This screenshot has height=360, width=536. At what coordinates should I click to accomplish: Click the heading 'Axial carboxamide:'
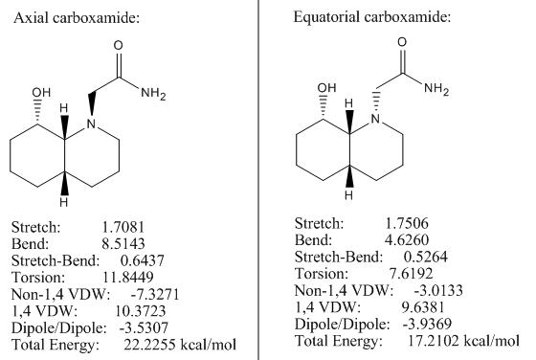click(x=77, y=18)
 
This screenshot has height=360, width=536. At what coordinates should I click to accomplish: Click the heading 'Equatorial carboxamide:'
click(x=372, y=16)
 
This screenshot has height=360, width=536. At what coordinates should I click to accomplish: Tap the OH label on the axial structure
click(x=41, y=92)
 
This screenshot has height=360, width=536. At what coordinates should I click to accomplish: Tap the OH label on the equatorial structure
click(x=326, y=88)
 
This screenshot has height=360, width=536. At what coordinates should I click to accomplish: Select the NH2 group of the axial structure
click(x=153, y=93)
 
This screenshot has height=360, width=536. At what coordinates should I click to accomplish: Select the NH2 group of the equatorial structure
click(x=436, y=89)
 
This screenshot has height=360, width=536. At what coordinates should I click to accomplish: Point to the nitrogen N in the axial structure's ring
click(x=91, y=124)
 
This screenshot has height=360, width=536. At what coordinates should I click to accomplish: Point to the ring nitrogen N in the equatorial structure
click(x=375, y=119)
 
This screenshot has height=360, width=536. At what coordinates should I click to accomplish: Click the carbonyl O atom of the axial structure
click(x=119, y=45)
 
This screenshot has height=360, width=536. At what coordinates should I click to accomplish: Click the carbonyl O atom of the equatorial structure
click(x=402, y=42)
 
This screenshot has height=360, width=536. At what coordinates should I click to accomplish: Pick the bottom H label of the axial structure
click(x=63, y=202)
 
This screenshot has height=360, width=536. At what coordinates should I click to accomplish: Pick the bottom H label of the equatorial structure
click(x=348, y=195)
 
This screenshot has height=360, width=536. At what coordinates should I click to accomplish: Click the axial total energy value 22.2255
click(x=148, y=345)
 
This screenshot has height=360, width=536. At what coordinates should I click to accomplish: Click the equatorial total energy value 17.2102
click(x=433, y=341)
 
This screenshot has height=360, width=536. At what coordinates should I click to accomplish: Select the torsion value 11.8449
click(x=128, y=277)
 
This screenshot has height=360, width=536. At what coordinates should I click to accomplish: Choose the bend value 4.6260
click(x=407, y=239)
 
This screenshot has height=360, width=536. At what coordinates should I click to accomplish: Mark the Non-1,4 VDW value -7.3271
click(x=155, y=294)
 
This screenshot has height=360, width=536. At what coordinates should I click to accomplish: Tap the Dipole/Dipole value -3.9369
click(x=427, y=324)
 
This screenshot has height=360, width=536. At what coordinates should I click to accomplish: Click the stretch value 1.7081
click(x=123, y=227)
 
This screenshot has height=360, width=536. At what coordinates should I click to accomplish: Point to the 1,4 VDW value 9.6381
click(x=423, y=306)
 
